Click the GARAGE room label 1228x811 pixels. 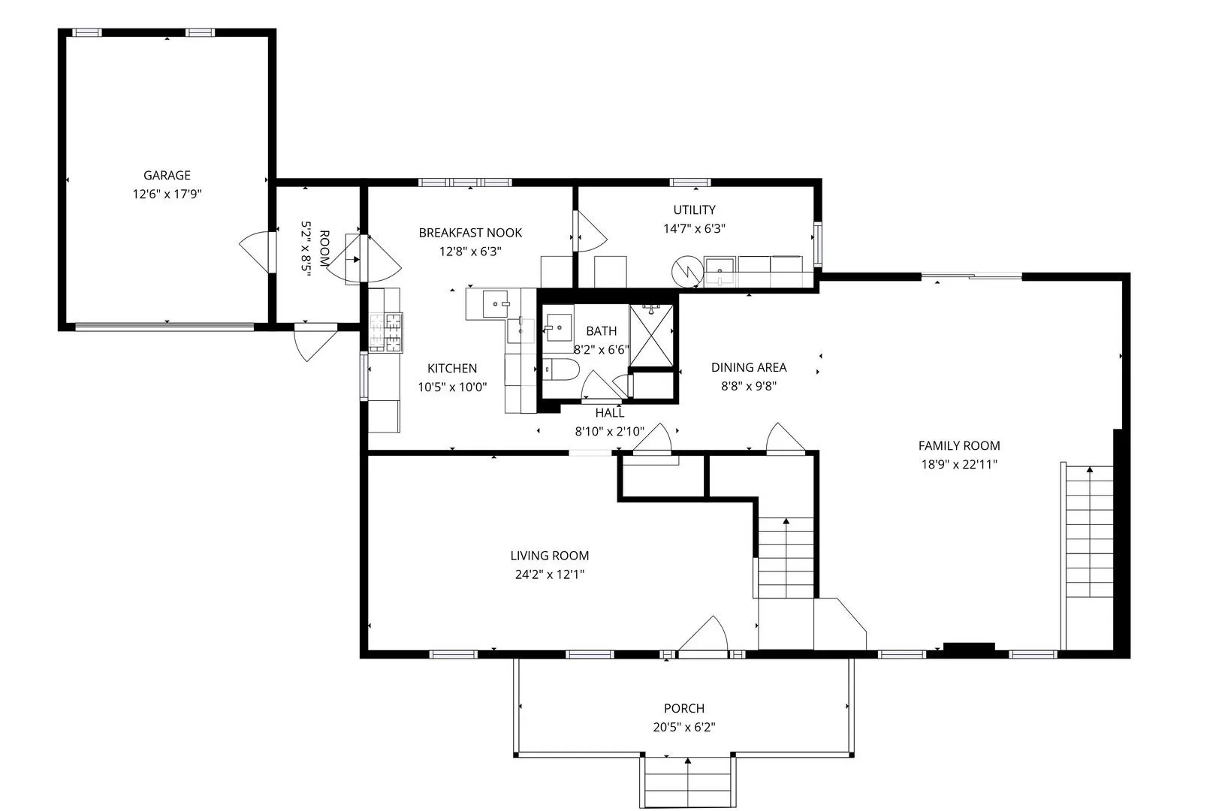[x=167, y=176]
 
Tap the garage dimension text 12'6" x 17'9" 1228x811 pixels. [x=167, y=194]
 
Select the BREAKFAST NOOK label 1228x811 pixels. [x=470, y=233]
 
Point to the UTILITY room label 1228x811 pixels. [x=694, y=210]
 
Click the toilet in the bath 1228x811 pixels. [x=560, y=369]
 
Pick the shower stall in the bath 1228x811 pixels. [x=650, y=336]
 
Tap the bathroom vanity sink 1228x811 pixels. [x=558, y=327]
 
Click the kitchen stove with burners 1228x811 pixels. [x=386, y=331]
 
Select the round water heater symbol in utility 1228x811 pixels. [x=687, y=270]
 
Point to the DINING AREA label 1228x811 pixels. [x=749, y=368]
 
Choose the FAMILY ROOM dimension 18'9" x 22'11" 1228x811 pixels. [x=959, y=465]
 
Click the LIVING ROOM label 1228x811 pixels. [x=550, y=556]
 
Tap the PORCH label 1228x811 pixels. [x=684, y=709]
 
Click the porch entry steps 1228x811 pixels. [x=687, y=782]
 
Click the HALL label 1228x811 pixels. [x=610, y=412]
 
